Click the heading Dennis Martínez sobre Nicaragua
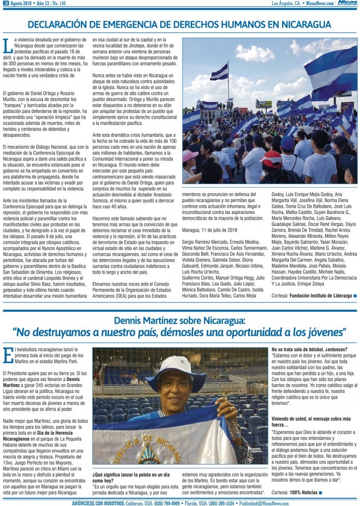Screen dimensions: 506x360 tap(179, 321)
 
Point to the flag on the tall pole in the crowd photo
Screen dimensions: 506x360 tap(219, 72)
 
